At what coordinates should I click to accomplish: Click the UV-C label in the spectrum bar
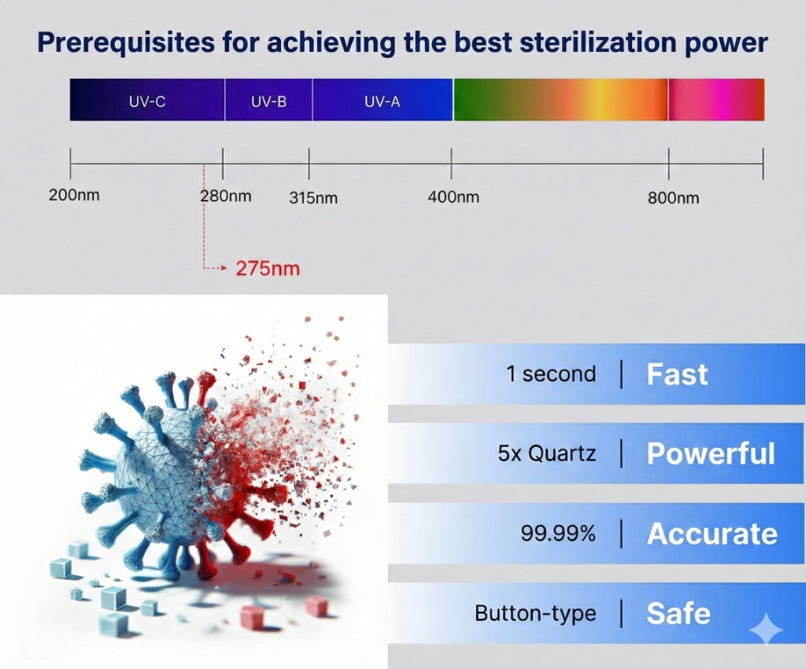coord(147,102)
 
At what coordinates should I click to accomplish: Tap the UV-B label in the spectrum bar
coord(269,102)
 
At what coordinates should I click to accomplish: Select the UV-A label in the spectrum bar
coord(382,102)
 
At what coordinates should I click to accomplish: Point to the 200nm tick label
coord(74,195)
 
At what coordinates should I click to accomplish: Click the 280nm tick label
coord(226,196)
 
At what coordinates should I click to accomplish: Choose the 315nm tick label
coord(313,198)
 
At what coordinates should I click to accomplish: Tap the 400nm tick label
coord(453,197)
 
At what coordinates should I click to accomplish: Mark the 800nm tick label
coord(674,198)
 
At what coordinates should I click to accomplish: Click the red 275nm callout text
coord(268,268)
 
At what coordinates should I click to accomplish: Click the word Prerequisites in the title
coord(126,43)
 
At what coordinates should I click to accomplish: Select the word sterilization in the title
coord(597,43)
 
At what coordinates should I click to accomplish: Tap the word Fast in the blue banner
coord(678,374)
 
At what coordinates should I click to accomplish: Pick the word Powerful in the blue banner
coord(711,453)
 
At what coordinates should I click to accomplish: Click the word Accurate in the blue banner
coord(712,534)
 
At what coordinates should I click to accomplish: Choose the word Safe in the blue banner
coord(678,613)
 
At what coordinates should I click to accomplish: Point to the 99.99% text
coord(558,534)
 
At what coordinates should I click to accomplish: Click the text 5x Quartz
coord(547,453)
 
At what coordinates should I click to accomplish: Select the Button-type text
coord(535,613)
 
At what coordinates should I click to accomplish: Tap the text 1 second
coord(551,374)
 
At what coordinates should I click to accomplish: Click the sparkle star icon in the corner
coord(765,629)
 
